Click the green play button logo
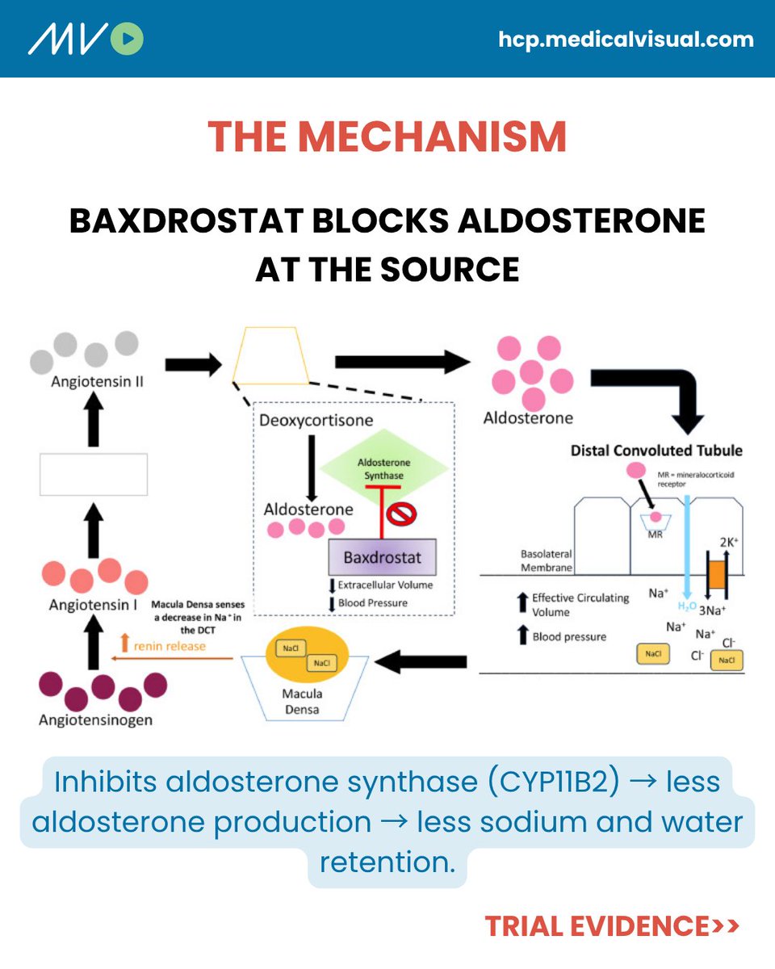pyautogui.click(x=127, y=39)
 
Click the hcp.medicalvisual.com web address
pyautogui.click(x=626, y=40)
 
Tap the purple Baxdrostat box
pyautogui.click(x=383, y=557)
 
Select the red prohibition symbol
pyautogui.click(x=402, y=514)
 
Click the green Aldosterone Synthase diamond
pyautogui.click(x=384, y=468)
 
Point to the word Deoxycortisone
pyautogui.click(x=316, y=420)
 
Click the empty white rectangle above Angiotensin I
pyautogui.click(x=94, y=474)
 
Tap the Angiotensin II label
pyautogui.click(x=97, y=381)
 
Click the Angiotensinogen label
pyautogui.click(x=95, y=720)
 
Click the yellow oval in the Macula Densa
pyautogui.click(x=308, y=655)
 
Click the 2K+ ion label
pyautogui.click(x=729, y=542)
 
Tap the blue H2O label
pyautogui.click(x=687, y=606)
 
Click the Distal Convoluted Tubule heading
pyautogui.click(x=656, y=451)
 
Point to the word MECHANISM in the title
pyautogui.click(x=433, y=136)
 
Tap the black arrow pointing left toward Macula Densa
pyautogui.click(x=421, y=661)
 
